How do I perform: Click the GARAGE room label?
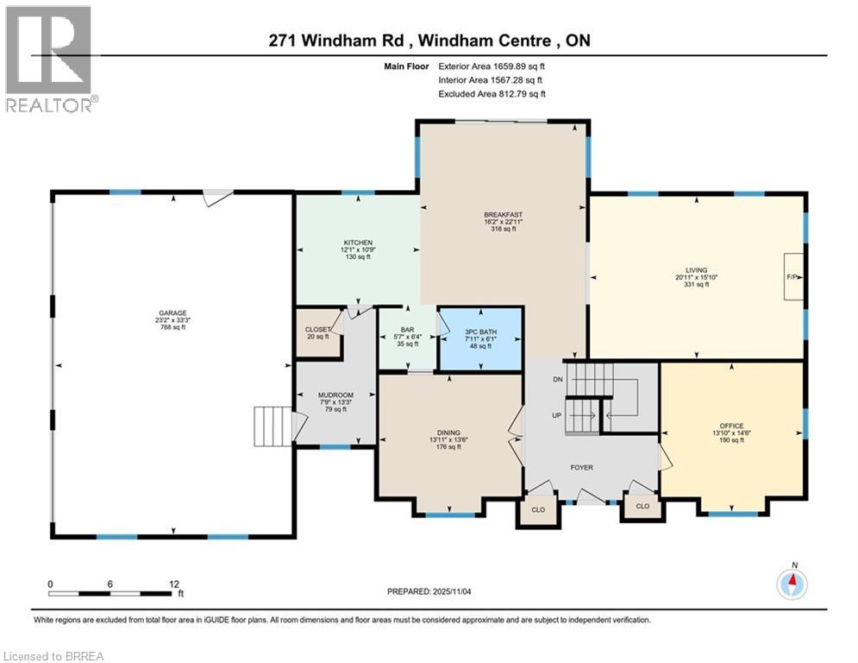tap(172, 313)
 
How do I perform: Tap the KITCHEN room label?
tap(357, 243)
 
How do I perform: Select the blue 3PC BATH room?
tap(480, 338)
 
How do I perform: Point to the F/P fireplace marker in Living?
tap(793, 277)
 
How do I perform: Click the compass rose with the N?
tap(792, 584)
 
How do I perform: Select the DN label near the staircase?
tap(556, 379)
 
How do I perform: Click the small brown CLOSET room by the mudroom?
tap(317, 333)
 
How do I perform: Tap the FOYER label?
tap(581, 468)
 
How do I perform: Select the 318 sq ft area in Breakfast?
tap(504, 229)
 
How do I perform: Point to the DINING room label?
tap(448, 433)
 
